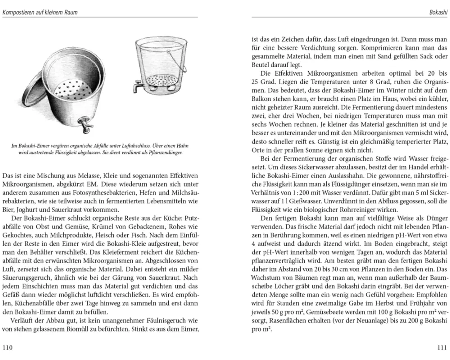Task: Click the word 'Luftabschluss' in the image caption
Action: (x=126, y=146)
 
